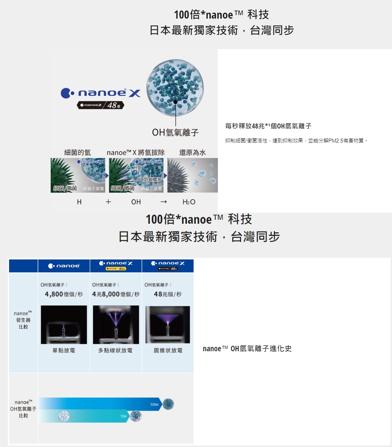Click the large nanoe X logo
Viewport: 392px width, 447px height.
(x=100, y=93)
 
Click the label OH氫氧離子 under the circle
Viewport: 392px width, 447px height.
(x=175, y=133)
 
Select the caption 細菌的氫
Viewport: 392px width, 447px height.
(x=78, y=152)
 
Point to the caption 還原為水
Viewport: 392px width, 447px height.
(x=192, y=152)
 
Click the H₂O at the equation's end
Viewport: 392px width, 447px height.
(x=189, y=202)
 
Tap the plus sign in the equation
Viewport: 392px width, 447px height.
(x=108, y=202)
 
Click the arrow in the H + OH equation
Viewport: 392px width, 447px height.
(x=164, y=202)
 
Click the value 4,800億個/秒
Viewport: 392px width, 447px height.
(x=64, y=294)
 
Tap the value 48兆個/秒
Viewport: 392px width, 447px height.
(x=168, y=294)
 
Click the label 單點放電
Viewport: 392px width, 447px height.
(x=64, y=350)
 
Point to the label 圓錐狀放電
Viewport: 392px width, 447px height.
(x=168, y=350)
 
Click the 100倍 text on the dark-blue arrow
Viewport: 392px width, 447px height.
(x=154, y=404)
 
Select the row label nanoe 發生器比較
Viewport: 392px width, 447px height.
(x=22, y=320)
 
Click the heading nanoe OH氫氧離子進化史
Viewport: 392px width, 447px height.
(x=247, y=348)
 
